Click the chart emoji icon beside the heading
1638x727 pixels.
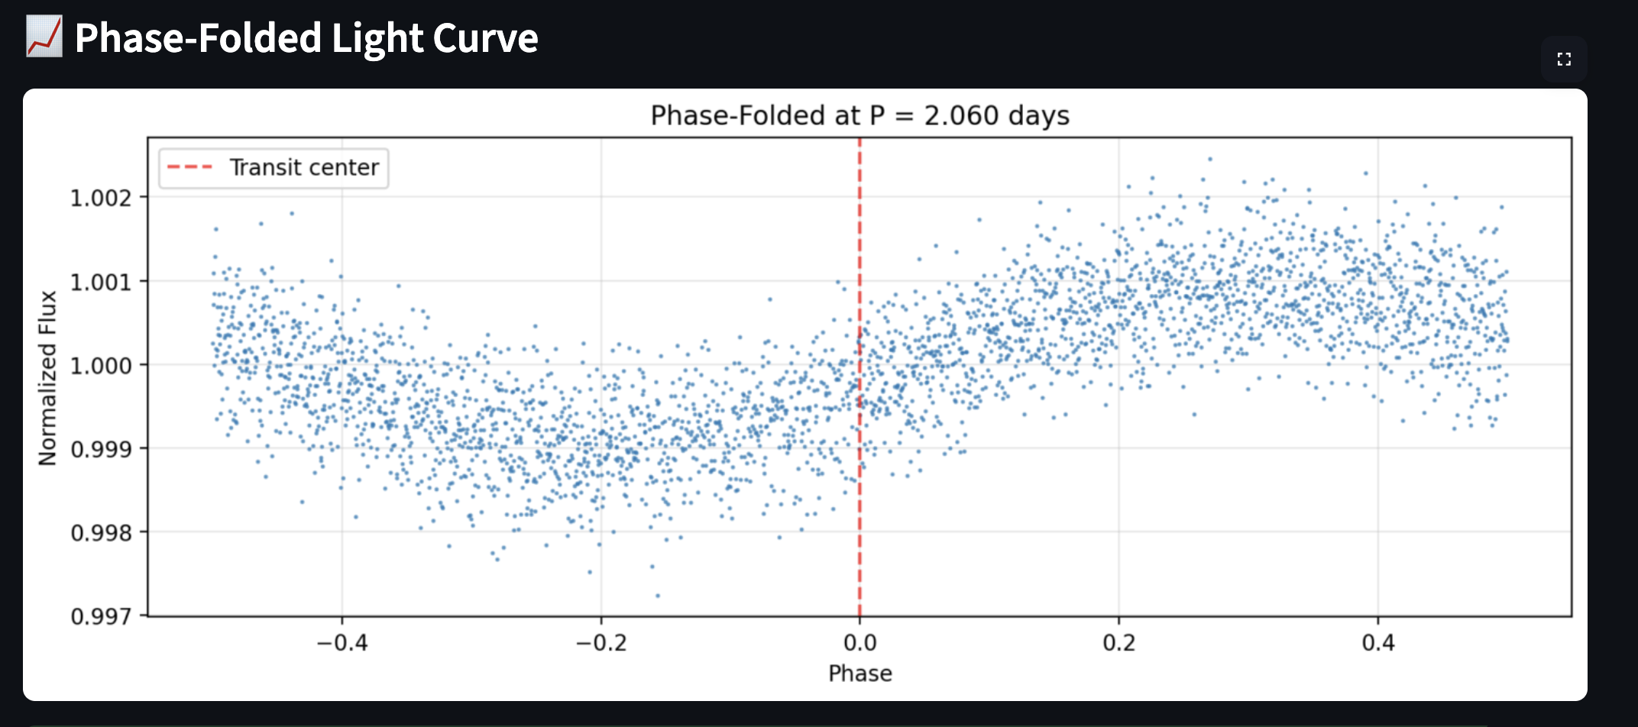tap(44, 37)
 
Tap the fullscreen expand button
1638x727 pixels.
tap(1563, 59)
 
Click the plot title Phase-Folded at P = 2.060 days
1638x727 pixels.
tap(859, 115)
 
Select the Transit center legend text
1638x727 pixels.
tap(304, 167)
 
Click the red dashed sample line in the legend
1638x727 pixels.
tap(189, 167)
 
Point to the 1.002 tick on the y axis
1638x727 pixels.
tap(101, 199)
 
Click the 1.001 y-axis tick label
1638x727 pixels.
tap(101, 283)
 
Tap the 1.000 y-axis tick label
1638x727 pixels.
tap(101, 366)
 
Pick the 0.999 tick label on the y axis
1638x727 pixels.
tap(101, 449)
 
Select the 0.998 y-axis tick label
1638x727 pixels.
tap(101, 532)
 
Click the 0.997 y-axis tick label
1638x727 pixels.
tap(101, 616)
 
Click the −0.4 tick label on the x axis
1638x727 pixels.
tap(342, 643)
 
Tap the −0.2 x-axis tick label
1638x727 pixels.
tap(600, 643)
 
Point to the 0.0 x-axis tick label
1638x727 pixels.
tap(859, 643)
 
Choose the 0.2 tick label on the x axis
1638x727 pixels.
tap(1118, 643)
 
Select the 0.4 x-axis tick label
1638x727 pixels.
tap(1377, 643)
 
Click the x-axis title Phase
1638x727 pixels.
tap(859, 674)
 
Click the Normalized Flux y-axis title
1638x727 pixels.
tap(48, 377)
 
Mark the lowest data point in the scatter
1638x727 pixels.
tap(658, 596)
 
